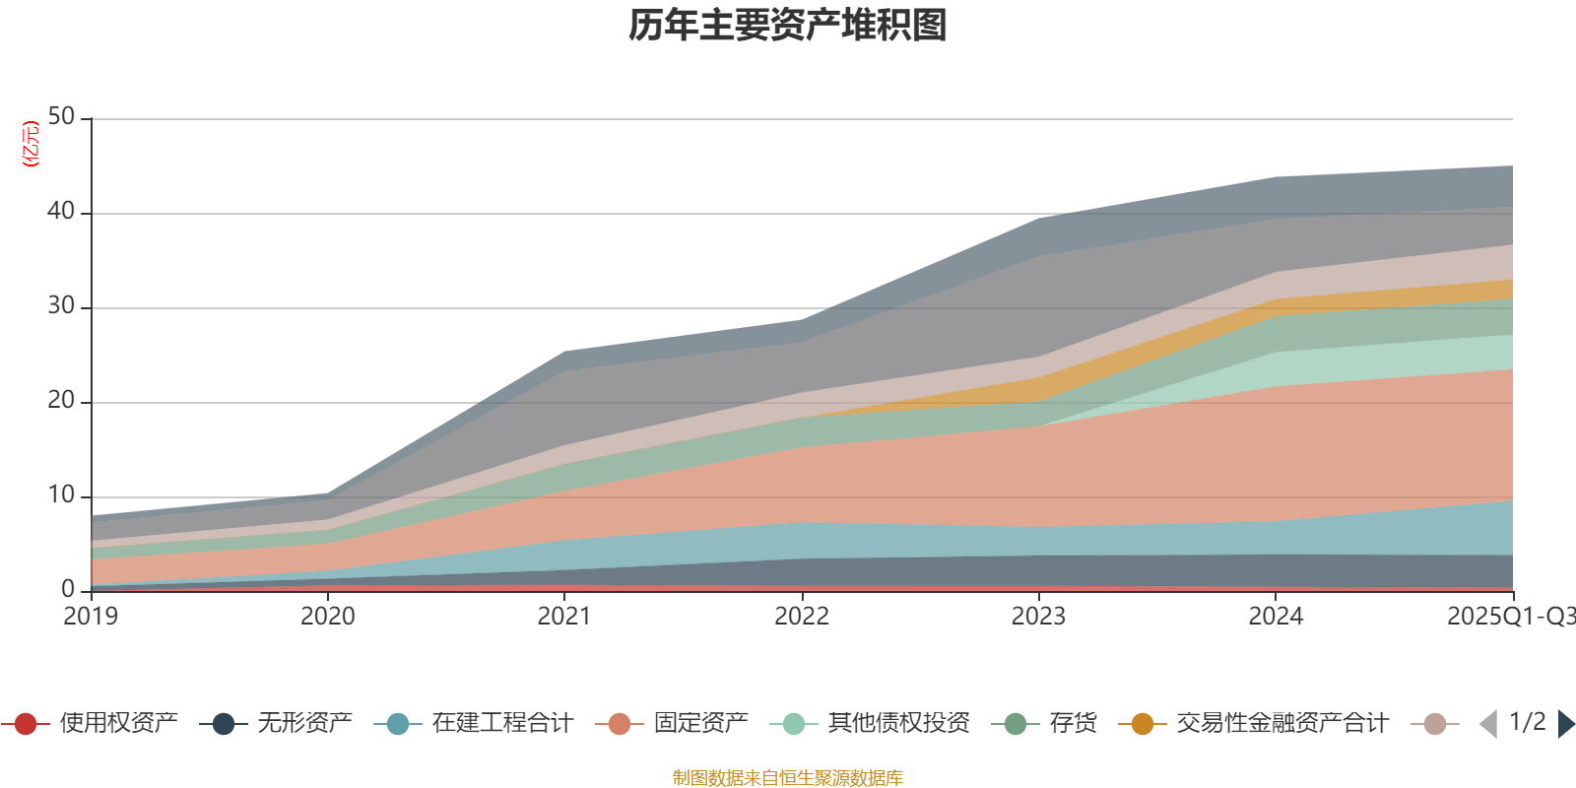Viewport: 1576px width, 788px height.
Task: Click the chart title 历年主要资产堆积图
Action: click(x=788, y=26)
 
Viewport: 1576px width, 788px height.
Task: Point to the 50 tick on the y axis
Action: click(x=61, y=117)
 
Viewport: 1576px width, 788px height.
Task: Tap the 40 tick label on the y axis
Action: click(x=61, y=212)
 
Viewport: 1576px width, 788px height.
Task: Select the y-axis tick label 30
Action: click(x=61, y=306)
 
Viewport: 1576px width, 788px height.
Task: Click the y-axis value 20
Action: click(x=61, y=401)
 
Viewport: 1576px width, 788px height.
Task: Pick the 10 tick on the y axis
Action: click(x=61, y=495)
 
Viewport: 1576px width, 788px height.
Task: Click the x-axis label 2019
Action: click(x=91, y=617)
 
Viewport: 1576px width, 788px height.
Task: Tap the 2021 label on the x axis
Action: click(x=564, y=617)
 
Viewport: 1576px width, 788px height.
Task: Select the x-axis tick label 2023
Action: click(x=1038, y=617)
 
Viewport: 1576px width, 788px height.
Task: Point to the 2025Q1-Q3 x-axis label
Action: click(x=1510, y=617)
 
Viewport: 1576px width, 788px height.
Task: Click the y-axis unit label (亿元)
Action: click(x=31, y=144)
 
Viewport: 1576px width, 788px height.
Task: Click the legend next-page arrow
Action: click(x=1565, y=724)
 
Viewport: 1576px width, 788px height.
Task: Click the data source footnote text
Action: click(x=788, y=778)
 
